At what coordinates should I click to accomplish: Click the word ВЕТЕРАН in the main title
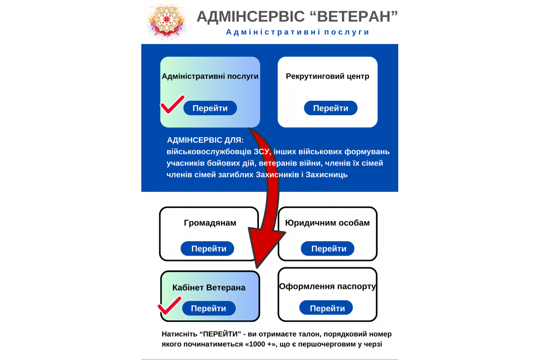[x=354, y=17]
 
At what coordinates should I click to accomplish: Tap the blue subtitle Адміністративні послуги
[x=297, y=32]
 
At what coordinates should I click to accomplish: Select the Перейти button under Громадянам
[x=207, y=248]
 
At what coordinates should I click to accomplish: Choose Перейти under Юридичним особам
[x=328, y=248]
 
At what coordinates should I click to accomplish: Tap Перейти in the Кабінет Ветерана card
[x=209, y=308]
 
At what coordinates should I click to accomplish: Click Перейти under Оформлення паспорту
[x=326, y=307]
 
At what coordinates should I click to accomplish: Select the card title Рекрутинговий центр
[x=328, y=76]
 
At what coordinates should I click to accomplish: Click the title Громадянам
[x=210, y=223]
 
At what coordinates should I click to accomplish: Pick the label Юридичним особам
[x=328, y=223]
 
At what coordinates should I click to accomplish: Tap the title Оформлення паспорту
[x=328, y=287]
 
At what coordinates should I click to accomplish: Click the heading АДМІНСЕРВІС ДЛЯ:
[x=205, y=140]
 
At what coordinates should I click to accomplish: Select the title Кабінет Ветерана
[x=209, y=288]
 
